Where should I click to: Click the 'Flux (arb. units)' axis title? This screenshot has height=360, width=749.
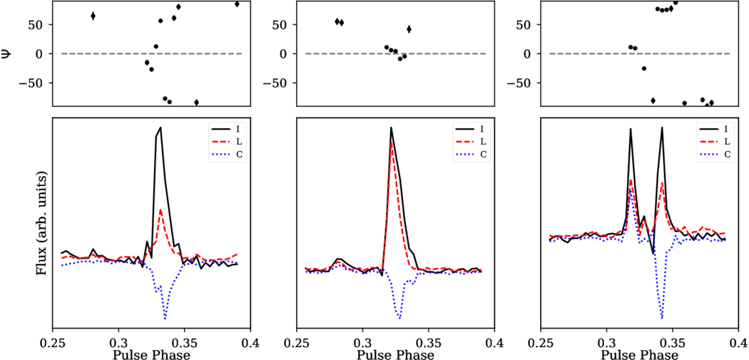click(41, 222)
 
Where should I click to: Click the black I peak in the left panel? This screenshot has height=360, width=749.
click(161, 128)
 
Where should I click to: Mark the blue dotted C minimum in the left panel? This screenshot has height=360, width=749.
click(165, 319)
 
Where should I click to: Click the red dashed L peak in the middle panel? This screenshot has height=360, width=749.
click(392, 143)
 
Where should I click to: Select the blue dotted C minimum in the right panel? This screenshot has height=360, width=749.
click(662, 318)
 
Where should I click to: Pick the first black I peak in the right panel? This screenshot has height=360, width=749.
click(631, 128)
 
